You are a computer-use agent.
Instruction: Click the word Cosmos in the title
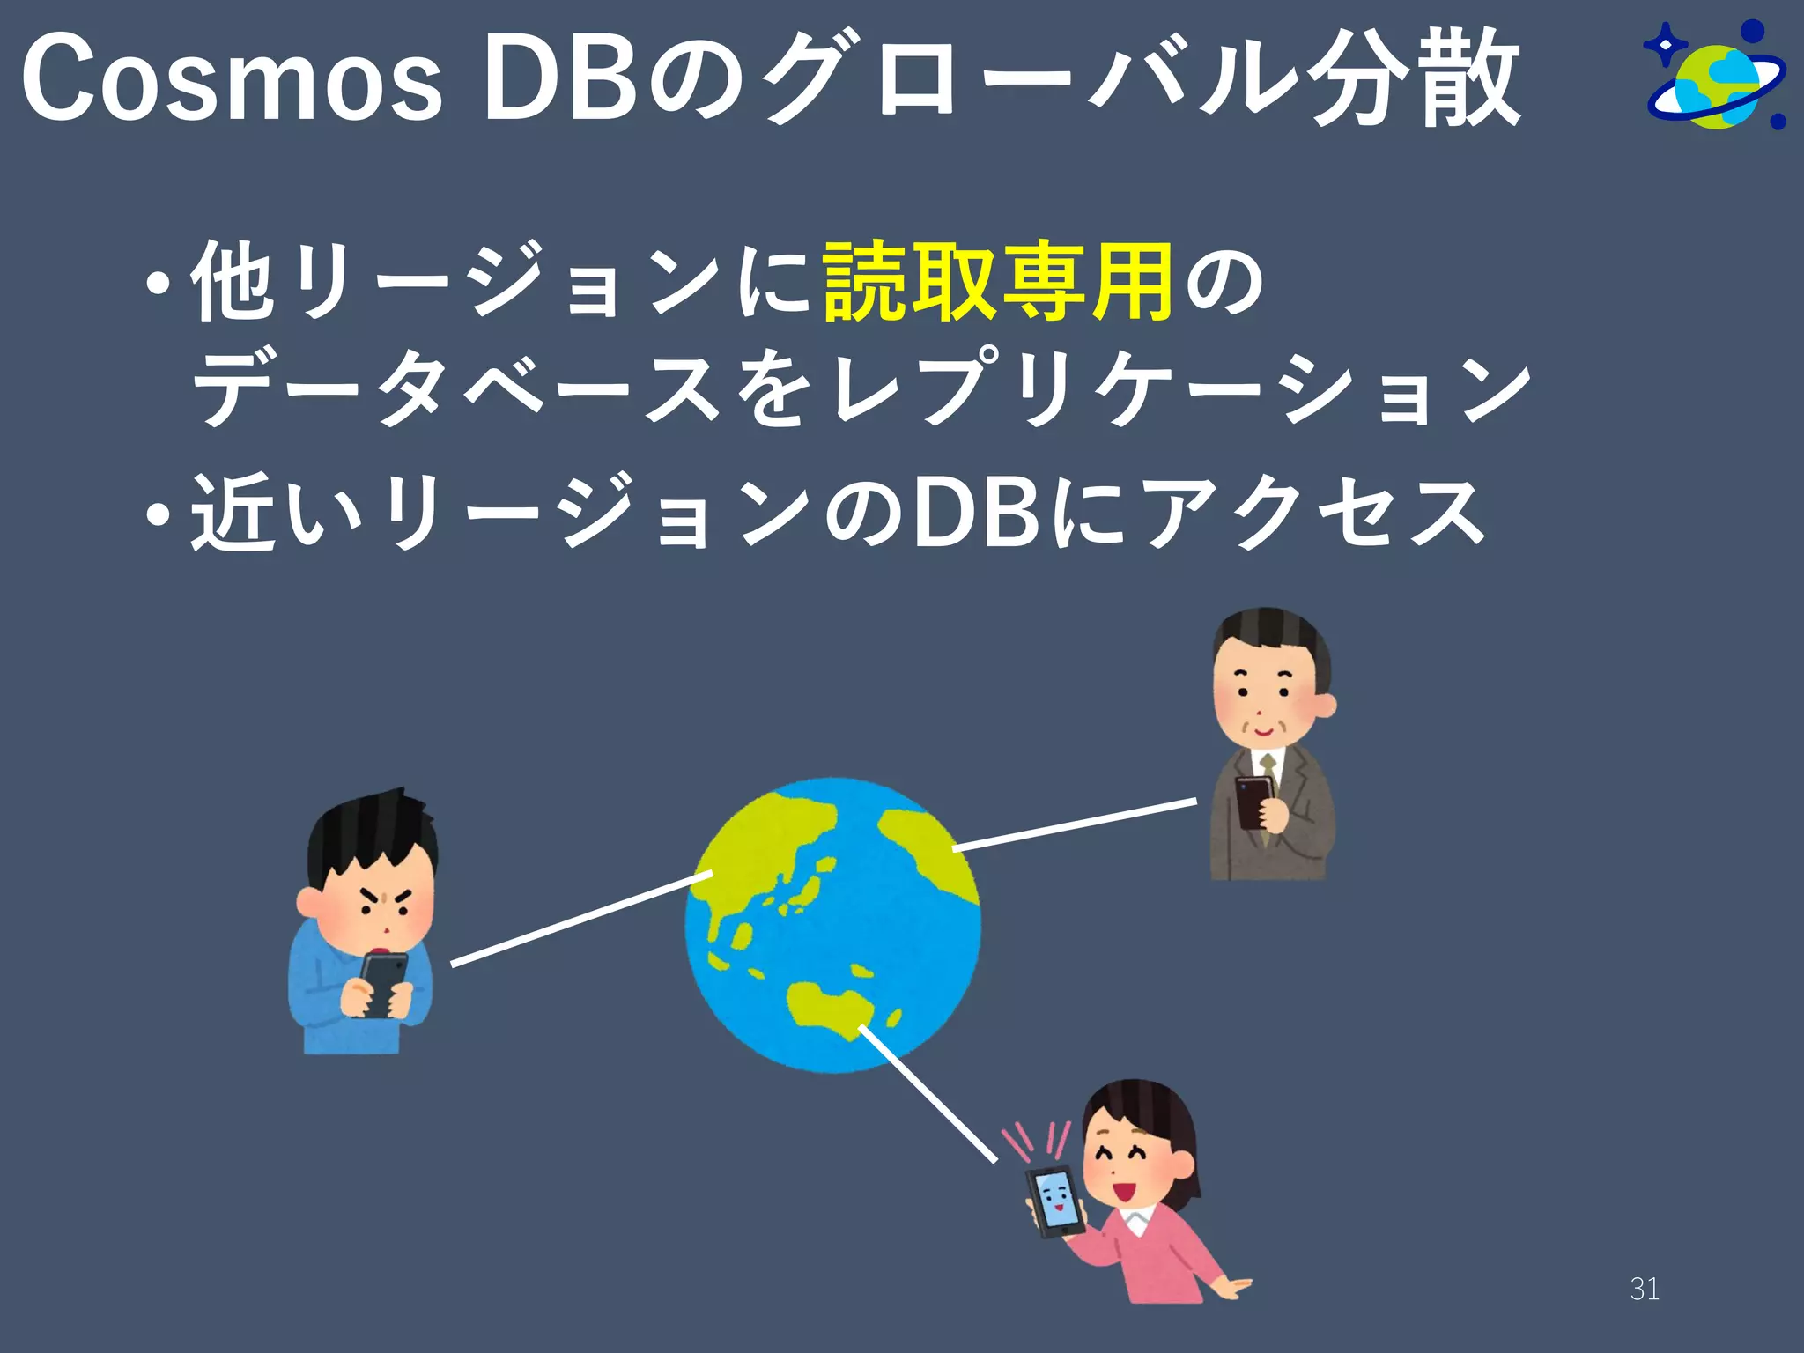[231, 79]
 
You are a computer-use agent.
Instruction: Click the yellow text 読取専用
[998, 282]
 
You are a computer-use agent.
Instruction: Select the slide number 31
[1645, 1289]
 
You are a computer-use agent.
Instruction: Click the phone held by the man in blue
[382, 982]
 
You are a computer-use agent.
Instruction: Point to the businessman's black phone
[1251, 802]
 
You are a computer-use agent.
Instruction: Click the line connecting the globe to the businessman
[1075, 824]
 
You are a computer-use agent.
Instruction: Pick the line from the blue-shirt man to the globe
[581, 918]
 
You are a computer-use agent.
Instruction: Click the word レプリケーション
[1180, 389]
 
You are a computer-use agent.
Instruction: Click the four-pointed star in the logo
[1664, 45]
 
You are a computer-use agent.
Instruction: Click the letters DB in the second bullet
[978, 513]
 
